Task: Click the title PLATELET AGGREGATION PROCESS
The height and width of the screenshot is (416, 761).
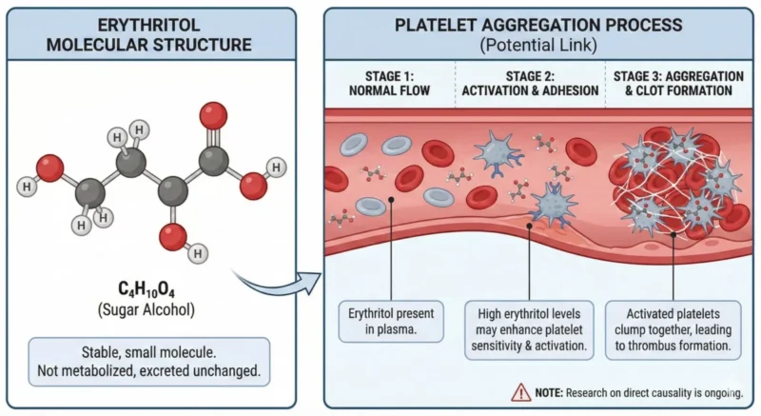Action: pos(538,25)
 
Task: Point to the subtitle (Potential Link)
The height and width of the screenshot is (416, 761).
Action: pos(538,45)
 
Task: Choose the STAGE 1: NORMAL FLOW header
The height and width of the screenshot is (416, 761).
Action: pos(391,82)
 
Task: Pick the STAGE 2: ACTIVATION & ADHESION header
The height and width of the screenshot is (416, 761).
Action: pos(529,82)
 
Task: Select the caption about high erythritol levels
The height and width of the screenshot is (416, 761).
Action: pos(529,327)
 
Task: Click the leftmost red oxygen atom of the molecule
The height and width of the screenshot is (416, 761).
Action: pos(50,169)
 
